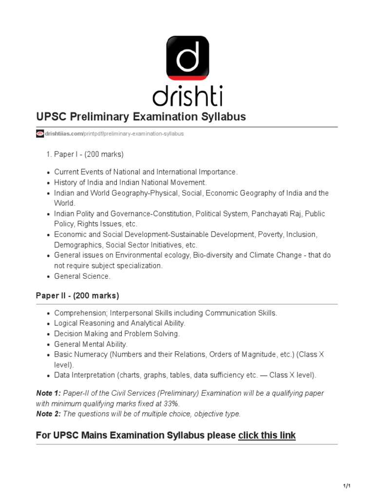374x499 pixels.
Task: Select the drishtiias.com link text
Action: click(x=63, y=134)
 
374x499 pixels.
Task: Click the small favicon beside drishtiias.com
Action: click(x=40, y=134)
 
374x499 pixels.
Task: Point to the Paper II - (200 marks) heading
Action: click(x=77, y=296)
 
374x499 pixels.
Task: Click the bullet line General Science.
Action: click(x=82, y=276)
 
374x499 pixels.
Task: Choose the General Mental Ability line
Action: click(x=91, y=344)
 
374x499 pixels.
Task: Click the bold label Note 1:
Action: click(x=49, y=393)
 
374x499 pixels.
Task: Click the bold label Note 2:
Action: click(x=49, y=414)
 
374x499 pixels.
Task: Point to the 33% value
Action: click(x=171, y=403)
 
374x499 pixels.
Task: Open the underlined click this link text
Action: click(x=266, y=435)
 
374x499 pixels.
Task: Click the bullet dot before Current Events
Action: click(x=48, y=173)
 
